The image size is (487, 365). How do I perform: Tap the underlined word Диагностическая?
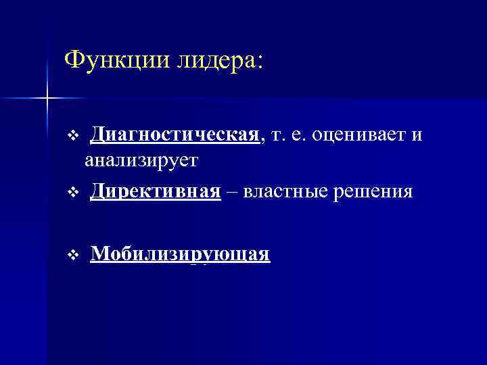175,135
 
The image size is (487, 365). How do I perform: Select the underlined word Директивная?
156,191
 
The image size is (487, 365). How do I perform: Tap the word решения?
370,191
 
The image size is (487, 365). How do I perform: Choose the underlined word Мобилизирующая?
180,254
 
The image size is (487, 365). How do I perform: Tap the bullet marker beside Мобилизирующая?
74,255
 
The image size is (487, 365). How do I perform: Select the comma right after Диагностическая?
261,141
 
